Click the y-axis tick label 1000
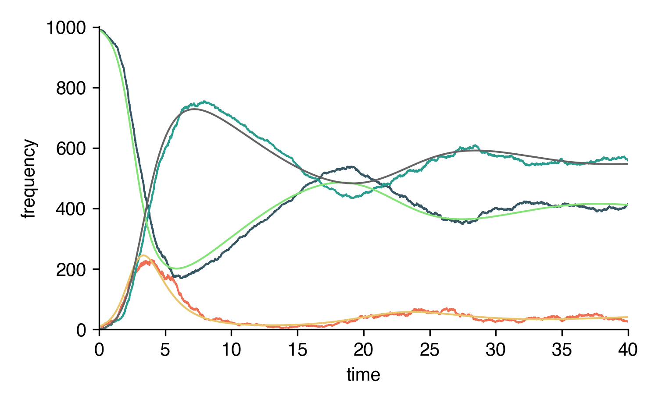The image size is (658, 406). [x=66, y=28]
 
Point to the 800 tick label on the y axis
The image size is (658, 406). [x=71, y=88]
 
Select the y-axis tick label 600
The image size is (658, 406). [x=71, y=149]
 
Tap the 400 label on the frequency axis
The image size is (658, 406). [x=71, y=209]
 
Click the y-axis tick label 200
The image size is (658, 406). [x=71, y=269]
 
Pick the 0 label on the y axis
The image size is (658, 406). [x=81, y=330]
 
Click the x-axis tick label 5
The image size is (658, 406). [x=165, y=350]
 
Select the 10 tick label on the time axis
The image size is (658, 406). [x=231, y=350]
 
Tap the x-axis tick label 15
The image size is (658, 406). [x=297, y=350]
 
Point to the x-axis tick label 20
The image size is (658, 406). [x=364, y=350]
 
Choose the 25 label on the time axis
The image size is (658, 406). [x=429, y=350]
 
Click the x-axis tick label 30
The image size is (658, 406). [x=496, y=350]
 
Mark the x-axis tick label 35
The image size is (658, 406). [x=562, y=350]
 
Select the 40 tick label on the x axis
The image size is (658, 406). [x=628, y=350]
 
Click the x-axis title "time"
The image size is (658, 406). [x=363, y=375]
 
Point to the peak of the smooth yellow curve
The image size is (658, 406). [x=143, y=255]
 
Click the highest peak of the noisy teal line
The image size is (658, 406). [x=204, y=102]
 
